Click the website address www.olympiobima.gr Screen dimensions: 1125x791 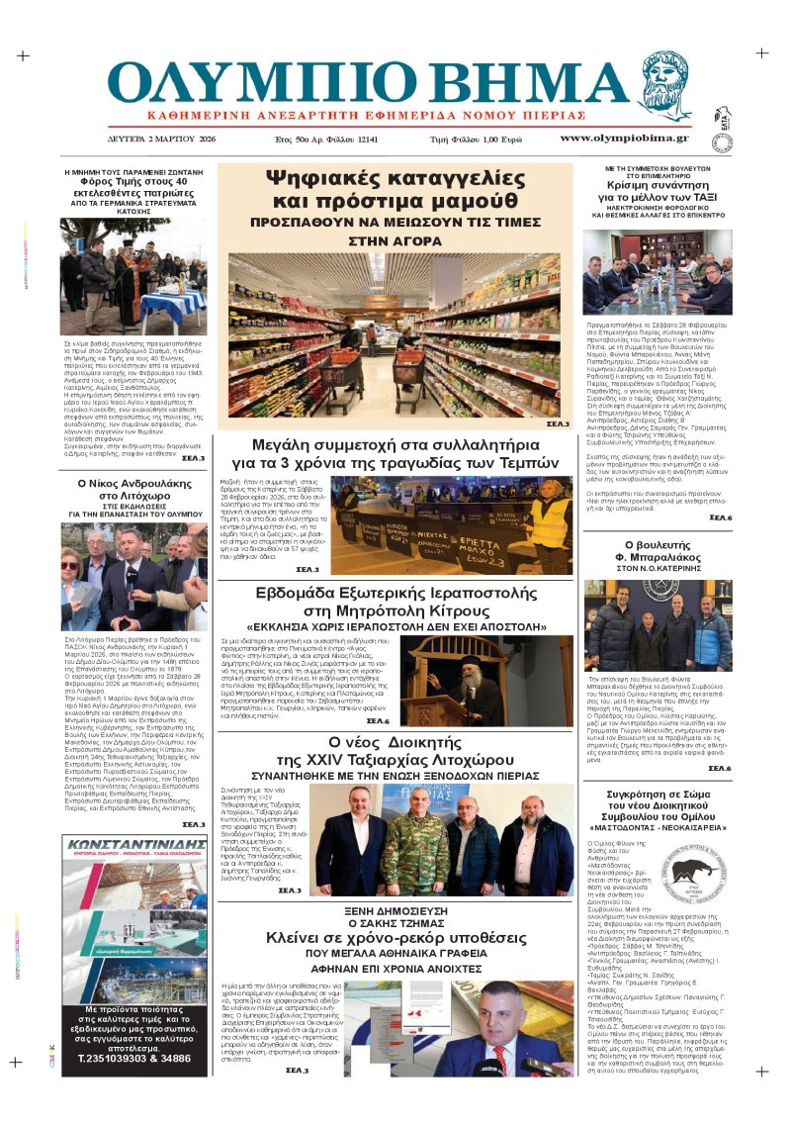(x=625, y=138)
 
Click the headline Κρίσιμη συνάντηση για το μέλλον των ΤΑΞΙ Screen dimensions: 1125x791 (x=657, y=192)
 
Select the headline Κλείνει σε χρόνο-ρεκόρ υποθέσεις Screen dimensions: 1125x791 (x=394, y=938)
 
